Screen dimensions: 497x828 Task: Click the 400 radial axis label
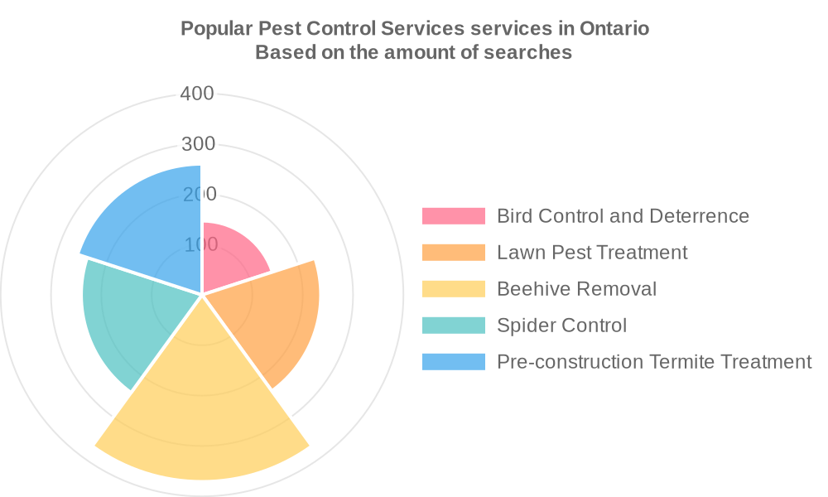tap(197, 94)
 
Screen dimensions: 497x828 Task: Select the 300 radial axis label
tap(198, 144)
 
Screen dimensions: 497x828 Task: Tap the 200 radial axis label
tap(198, 195)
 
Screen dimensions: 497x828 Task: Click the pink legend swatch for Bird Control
tap(453, 216)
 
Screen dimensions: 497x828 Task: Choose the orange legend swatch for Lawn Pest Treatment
tap(453, 253)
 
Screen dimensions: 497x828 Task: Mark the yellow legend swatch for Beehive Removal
tap(453, 289)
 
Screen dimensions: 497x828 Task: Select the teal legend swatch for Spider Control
tap(453, 326)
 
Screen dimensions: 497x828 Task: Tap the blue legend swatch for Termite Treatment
tap(453, 362)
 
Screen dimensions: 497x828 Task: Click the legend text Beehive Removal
tap(576, 289)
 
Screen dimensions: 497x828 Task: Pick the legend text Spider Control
tap(561, 326)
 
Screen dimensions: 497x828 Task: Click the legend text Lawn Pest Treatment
tap(592, 253)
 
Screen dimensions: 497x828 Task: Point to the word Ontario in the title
tap(614, 28)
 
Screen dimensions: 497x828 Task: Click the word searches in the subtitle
tap(528, 52)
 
